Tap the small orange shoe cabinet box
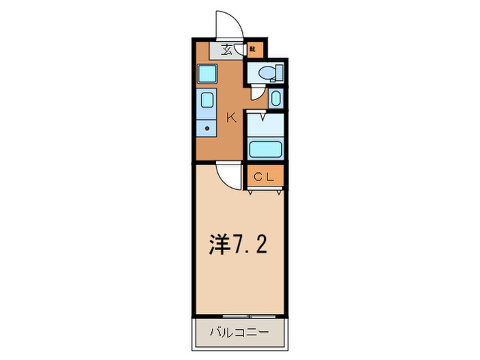252,49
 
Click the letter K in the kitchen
231,118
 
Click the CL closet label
264,177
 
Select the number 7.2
252,245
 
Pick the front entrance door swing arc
226,25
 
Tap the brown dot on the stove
206,127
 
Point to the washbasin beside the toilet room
275,97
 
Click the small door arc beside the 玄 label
239,49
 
